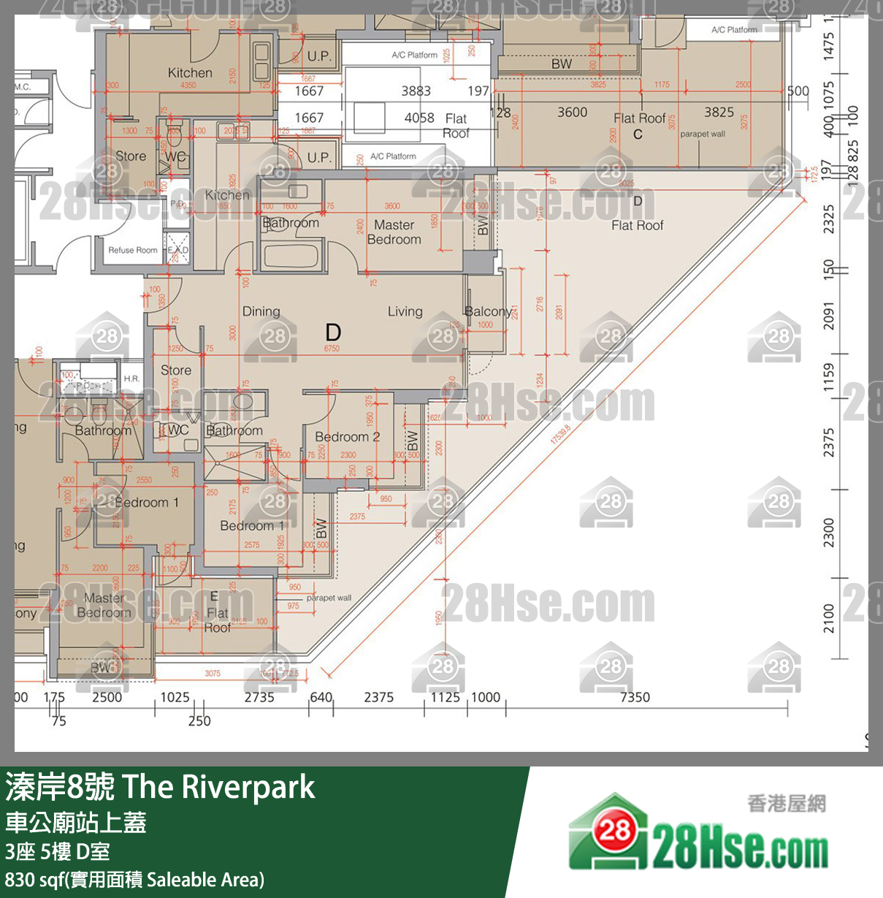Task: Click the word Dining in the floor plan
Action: [261, 311]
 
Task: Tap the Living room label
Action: [405, 311]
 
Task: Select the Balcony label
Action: [487, 311]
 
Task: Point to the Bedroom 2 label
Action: [347, 436]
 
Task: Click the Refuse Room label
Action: [133, 250]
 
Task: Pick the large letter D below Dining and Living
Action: [333, 332]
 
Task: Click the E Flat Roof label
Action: [217, 612]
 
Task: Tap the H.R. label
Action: [131, 378]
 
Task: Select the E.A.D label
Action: [178, 250]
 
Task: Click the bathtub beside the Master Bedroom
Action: [291, 256]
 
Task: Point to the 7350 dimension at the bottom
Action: [635, 697]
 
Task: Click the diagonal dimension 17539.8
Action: [560, 435]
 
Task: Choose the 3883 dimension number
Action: [416, 91]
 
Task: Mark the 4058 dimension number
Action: [418, 118]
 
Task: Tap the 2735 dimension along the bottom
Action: [259, 697]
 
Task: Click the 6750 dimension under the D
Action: [332, 349]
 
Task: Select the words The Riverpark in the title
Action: [218, 787]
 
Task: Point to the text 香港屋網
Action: [786, 804]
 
